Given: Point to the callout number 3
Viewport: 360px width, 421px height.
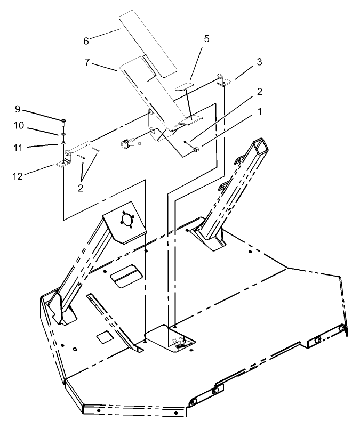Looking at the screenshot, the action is click(x=259, y=62).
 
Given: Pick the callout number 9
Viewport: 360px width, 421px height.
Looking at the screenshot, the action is click(x=18, y=109).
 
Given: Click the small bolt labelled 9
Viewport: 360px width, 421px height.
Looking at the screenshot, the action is click(x=63, y=120).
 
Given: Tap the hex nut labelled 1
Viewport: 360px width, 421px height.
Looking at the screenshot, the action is click(x=196, y=150).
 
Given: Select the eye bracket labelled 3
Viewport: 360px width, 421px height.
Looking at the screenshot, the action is click(x=222, y=79).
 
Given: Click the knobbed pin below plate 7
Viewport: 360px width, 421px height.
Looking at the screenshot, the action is click(x=128, y=143).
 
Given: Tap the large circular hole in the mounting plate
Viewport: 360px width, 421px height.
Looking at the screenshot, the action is click(x=127, y=221).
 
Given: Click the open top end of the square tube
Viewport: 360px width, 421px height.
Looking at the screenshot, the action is click(x=261, y=144).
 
